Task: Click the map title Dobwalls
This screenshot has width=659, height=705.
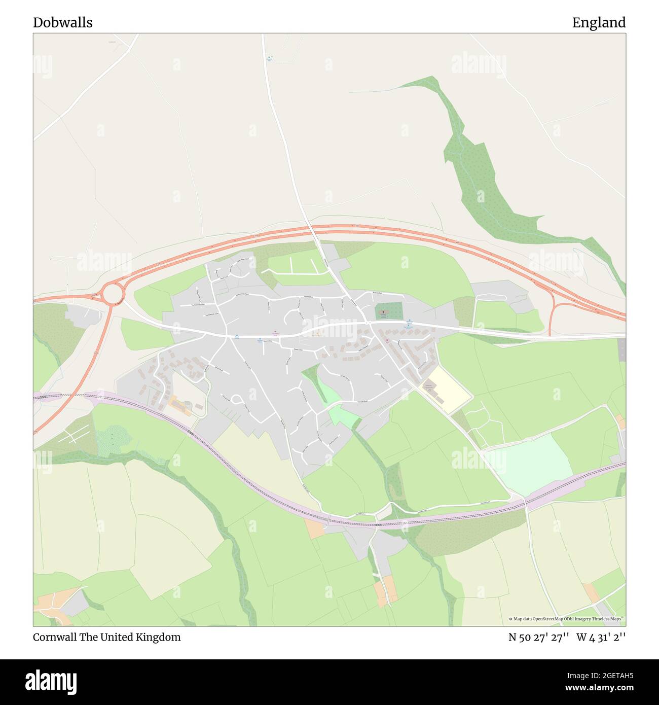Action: click(62, 22)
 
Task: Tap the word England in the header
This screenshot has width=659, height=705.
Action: click(599, 22)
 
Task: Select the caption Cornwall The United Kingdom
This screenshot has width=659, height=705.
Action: click(106, 637)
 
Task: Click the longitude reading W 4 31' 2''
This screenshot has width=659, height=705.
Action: click(601, 637)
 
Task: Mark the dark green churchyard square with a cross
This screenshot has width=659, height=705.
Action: click(389, 311)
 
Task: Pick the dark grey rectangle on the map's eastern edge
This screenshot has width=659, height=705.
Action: click(622, 350)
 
